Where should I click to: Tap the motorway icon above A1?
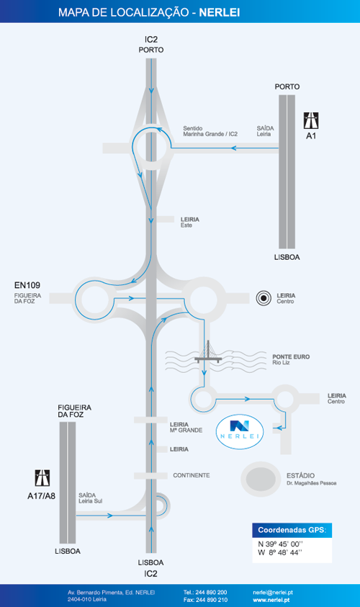coord(311,120)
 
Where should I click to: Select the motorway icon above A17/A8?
coord(42,478)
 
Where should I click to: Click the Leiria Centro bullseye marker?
coord(264,298)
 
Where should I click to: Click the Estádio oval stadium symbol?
coord(261,480)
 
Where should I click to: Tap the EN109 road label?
coord(27,285)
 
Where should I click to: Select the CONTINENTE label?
coord(192,475)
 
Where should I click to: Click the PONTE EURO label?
coord(291,356)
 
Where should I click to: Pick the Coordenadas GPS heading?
coord(292,530)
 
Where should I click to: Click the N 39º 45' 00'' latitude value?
coord(280,544)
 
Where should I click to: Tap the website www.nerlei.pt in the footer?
coord(271,600)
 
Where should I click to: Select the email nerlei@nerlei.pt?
coord(272,593)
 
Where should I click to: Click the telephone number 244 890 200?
coord(205,593)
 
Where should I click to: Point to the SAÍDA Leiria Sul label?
coord(91,498)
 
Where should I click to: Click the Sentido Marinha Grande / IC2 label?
coord(210,131)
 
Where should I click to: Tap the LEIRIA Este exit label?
coord(189,222)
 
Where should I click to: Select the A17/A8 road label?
coord(42,496)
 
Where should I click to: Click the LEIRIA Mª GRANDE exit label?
coord(186,428)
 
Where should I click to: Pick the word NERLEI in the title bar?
coord(220,12)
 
